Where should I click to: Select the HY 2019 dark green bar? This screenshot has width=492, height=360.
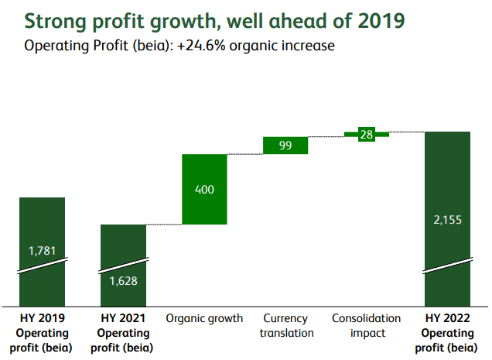[x=42, y=225]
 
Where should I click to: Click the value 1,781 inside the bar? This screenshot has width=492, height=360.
[x=42, y=250]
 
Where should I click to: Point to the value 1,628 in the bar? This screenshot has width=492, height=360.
[x=123, y=280]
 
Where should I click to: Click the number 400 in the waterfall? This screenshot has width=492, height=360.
[x=204, y=190]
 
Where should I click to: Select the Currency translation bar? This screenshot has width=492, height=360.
[x=285, y=146]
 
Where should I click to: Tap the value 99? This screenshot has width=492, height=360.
[x=285, y=146]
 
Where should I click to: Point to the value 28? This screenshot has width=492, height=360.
[x=367, y=134]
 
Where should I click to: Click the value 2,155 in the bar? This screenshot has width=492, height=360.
[x=448, y=220]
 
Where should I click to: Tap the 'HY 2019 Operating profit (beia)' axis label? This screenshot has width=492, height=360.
[x=42, y=333]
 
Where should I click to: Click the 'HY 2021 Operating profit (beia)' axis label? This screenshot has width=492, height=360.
[x=123, y=333]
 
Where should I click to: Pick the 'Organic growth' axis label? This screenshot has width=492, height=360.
[x=204, y=318]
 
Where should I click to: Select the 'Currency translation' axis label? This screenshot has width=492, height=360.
[x=285, y=325]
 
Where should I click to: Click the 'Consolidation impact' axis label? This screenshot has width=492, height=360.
[x=367, y=325]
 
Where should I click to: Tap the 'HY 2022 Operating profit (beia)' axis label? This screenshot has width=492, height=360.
[x=448, y=333]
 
